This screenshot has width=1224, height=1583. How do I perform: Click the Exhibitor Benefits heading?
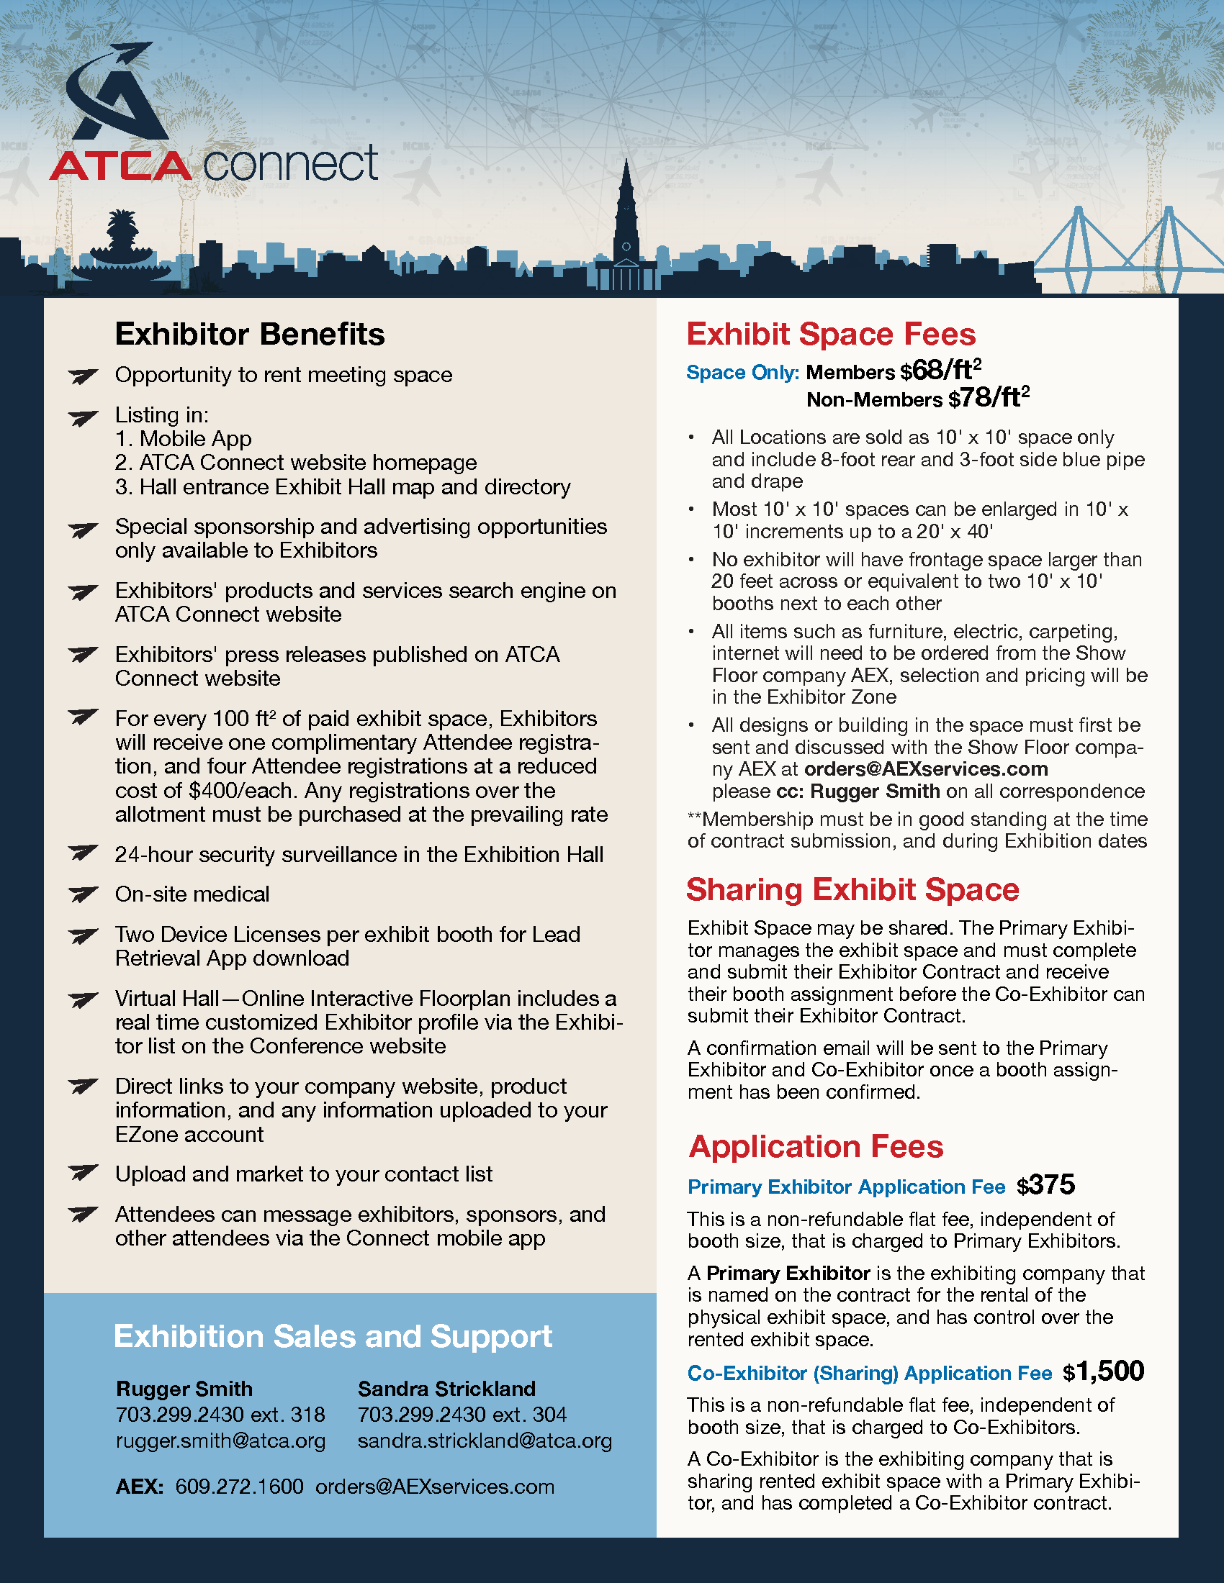pyautogui.click(x=249, y=334)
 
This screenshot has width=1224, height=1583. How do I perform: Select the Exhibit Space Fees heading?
pyautogui.click(x=831, y=334)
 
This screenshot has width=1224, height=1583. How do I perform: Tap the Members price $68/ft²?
pyautogui.click(x=940, y=371)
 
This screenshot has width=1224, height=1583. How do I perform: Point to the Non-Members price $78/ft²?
pyautogui.click(x=989, y=398)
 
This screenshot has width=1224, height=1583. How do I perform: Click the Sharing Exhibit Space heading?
pyautogui.click(x=852, y=889)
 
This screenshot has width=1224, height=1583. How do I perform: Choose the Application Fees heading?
pyautogui.click(x=816, y=1146)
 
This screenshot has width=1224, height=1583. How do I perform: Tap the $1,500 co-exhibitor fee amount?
pyautogui.click(x=1103, y=1371)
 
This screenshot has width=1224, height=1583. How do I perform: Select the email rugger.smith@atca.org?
pyautogui.click(x=220, y=1441)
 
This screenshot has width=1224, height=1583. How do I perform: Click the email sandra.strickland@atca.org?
pyautogui.click(x=485, y=1441)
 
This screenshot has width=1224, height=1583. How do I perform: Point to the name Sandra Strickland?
pyautogui.click(x=446, y=1388)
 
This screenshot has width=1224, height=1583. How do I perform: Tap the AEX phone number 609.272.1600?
pyautogui.click(x=239, y=1487)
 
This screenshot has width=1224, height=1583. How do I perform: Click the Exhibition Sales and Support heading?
pyautogui.click(x=333, y=1336)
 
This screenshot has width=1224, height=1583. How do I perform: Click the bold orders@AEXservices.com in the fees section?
pyautogui.click(x=926, y=768)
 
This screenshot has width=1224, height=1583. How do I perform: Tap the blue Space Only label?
pyautogui.click(x=742, y=373)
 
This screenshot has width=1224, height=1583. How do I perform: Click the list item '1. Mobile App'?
pyautogui.click(x=183, y=438)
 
